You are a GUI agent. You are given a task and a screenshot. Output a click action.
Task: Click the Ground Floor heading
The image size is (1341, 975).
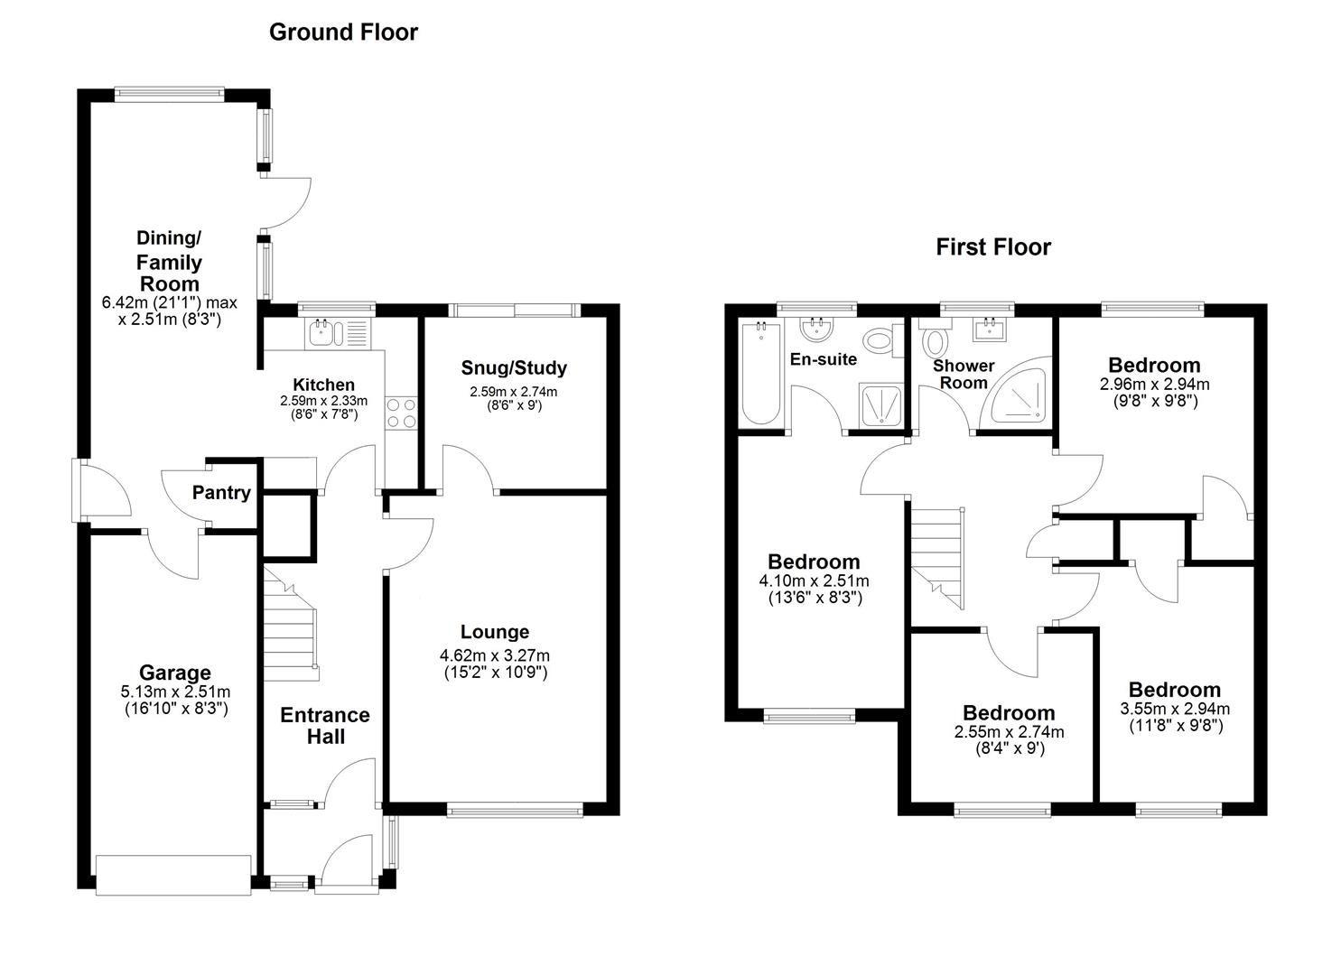point(343,32)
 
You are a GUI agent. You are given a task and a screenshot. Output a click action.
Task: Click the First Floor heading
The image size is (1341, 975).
point(993,247)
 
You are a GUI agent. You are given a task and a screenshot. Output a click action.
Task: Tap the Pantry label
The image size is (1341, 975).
point(221,493)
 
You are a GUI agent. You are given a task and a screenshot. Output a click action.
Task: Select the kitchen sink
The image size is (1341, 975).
point(338,334)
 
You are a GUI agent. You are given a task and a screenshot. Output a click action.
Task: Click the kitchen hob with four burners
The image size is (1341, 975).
point(401,413)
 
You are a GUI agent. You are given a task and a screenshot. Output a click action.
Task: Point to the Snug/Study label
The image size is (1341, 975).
point(514,367)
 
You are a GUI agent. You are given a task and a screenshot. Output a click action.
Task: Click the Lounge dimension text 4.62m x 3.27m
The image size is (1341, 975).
point(495,655)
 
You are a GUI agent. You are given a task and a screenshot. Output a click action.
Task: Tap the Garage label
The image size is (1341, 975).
point(174,673)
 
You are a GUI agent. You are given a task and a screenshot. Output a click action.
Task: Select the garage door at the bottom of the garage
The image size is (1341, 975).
point(173,875)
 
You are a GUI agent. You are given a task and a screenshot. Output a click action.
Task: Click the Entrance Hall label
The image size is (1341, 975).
point(325,726)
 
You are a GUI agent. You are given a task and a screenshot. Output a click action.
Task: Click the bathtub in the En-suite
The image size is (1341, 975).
point(760,374)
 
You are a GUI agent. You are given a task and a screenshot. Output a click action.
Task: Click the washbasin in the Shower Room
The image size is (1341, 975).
point(992,330)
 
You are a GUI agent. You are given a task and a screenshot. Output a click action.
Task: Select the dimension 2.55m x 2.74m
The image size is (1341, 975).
point(1009,732)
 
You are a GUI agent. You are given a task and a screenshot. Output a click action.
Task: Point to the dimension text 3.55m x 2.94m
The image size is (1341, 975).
point(1175,709)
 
